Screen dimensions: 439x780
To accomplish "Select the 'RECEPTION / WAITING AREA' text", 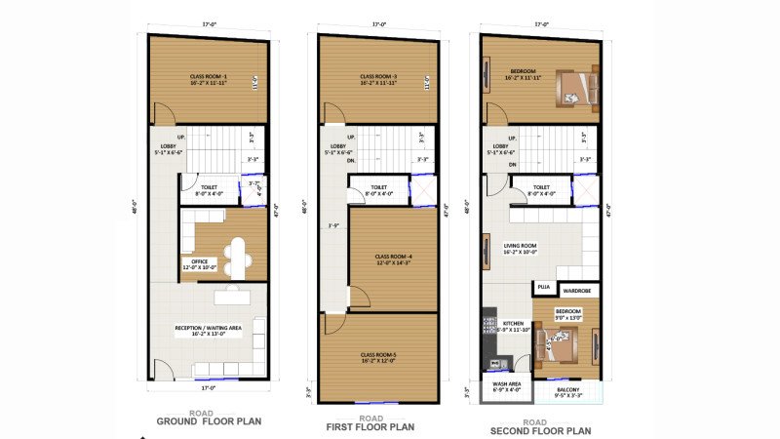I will point(209,328).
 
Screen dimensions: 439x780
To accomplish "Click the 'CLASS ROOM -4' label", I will point(395,257).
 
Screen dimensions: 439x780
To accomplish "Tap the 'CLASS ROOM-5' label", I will point(377,354).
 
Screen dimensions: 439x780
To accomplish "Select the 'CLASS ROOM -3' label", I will point(377,76).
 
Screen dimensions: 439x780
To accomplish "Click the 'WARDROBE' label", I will point(578,289).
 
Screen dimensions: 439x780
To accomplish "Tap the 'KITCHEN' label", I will point(514,322).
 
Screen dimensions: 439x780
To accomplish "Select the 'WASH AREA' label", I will point(507,384).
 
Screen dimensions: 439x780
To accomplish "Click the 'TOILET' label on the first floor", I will point(379,187).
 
